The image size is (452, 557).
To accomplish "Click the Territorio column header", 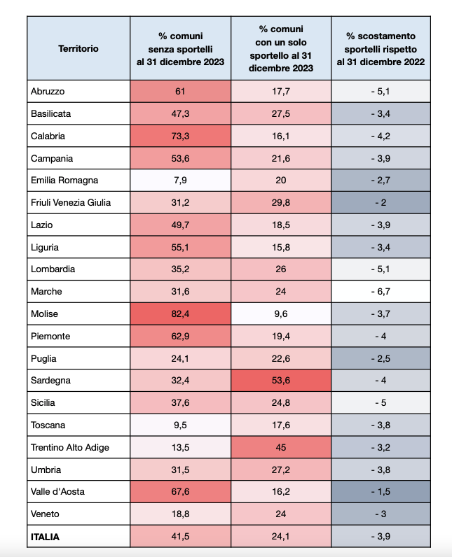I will point(78,49).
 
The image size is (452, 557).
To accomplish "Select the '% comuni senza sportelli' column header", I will point(180,49).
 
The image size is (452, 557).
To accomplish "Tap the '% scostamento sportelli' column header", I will point(381,49).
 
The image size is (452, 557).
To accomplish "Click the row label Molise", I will point(43,314).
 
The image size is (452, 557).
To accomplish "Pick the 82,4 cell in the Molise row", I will point(180,314).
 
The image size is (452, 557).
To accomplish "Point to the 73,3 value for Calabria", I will point(180,136).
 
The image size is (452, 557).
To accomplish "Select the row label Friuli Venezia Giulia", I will point(71,203).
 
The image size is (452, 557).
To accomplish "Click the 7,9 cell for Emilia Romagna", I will point(180,181).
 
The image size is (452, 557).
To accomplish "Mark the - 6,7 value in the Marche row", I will point(381,292).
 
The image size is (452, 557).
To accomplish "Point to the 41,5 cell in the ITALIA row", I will point(180,537).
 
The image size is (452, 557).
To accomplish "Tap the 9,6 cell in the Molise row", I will point(280,314).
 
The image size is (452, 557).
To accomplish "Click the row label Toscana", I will point(48,425).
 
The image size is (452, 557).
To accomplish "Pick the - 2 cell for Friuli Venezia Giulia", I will point(381,203).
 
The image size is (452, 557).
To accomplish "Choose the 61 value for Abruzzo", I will point(180,91).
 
